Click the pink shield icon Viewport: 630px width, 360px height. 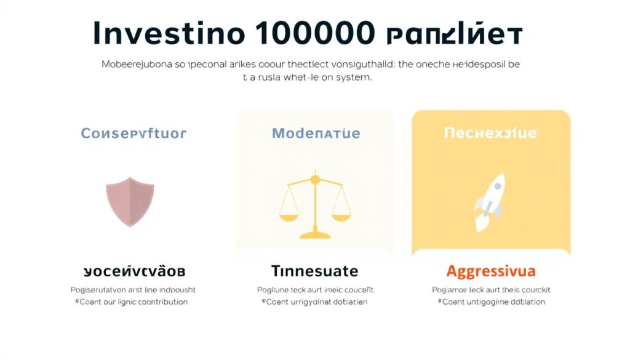[x=130, y=201]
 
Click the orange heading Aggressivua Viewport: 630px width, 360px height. [x=491, y=271]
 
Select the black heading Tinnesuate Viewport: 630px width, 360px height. [x=314, y=271]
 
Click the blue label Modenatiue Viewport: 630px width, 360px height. [x=316, y=133]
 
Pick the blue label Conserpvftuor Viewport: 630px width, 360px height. [x=134, y=133]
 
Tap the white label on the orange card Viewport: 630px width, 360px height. [x=490, y=133]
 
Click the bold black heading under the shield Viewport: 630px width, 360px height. [x=134, y=271]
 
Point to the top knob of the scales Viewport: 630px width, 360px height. [x=315, y=179]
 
